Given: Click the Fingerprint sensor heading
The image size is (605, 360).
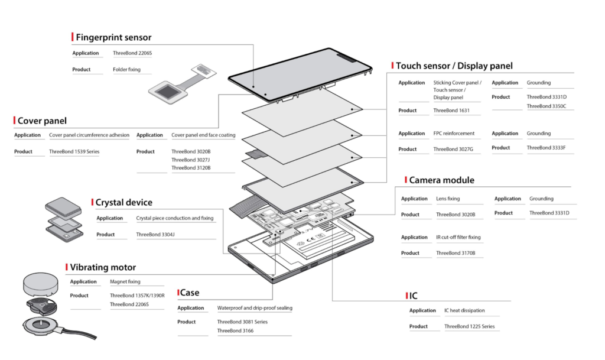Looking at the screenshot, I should [113, 37].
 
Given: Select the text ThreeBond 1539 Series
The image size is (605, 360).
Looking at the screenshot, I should [74, 151].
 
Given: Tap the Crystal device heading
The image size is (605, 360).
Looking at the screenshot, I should [123, 202].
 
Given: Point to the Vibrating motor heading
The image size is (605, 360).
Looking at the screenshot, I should [102, 267].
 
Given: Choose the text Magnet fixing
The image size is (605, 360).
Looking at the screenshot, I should [125, 281].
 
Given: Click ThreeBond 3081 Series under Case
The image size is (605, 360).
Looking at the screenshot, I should [242, 322].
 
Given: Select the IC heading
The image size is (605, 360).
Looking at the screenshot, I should [414, 295].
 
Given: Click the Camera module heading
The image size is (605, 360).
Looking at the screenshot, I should [441, 180].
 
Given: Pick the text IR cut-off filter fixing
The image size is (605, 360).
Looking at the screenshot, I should [458, 237].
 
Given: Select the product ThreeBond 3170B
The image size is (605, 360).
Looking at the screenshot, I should [456, 253].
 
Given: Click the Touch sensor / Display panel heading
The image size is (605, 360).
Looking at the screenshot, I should [454, 66].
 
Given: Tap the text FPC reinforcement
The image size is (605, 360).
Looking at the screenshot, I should [453, 134].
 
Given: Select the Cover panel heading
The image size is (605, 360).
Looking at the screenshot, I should [42, 121].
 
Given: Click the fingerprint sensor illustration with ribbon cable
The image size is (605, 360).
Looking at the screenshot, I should [180, 83].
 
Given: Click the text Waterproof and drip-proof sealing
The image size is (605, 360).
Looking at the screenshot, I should [255, 308].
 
